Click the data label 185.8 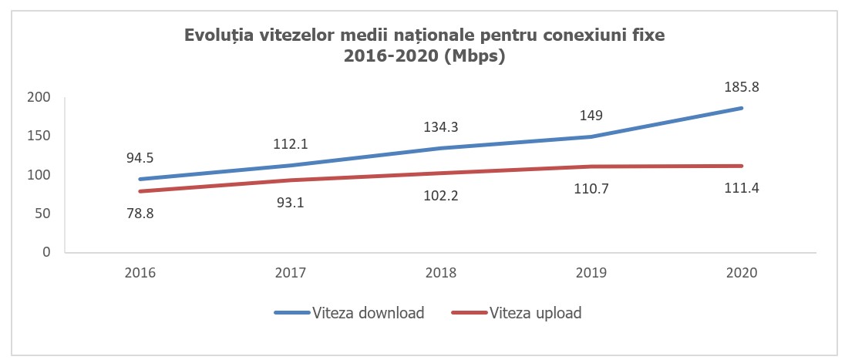click(x=741, y=87)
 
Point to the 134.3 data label click(x=441, y=127)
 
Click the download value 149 click(x=591, y=116)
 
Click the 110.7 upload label click(x=591, y=189)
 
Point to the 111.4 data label click(x=741, y=189)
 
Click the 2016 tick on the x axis click(x=140, y=273)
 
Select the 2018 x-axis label click(x=441, y=273)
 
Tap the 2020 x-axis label click(x=741, y=273)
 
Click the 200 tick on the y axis click(x=39, y=98)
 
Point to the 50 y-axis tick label click(x=42, y=214)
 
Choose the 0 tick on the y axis click(x=46, y=252)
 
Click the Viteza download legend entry click(x=348, y=312)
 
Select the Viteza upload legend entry click(x=517, y=312)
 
